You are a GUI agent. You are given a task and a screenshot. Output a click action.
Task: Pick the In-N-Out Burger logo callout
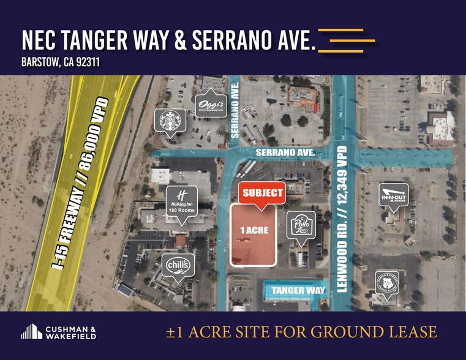[393, 196]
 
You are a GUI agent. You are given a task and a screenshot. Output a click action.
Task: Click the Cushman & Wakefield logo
[58, 332]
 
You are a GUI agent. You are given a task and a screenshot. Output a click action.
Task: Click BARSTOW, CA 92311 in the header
[60, 61]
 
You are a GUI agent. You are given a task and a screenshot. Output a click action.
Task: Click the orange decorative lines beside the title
[346, 39]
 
